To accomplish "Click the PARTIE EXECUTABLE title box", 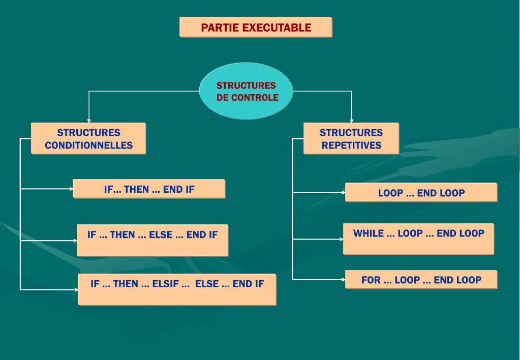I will pyautogui.click(x=256, y=27).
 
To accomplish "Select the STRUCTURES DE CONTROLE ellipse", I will pyautogui.click(x=247, y=92).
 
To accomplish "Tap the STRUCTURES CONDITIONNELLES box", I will pyautogui.click(x=88, y=138).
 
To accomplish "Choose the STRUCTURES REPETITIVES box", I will pyautogui.click(x=351, y=138).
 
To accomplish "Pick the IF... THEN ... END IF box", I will pyautogui.click(x=149, y=189).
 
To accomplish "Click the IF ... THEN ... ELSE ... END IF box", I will pyautogui.click(x=152, y=240).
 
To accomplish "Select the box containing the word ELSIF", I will pyautogui.click(x=177, y=289).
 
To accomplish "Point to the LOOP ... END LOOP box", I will pyautogui.click(x=421, y=193).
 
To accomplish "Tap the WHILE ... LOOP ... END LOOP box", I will pyautogui.click(x=418, y=238).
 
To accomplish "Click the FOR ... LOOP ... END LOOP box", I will pyautogui.click(x=421, y=280).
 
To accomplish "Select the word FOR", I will pyautogui.click(x=371, y=280).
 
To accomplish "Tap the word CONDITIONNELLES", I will pyautogui.click(x=88, y=145).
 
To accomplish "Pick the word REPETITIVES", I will pyautogui.click(x=351, y=145).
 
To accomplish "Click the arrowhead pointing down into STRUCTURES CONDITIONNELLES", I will pyautogui.click(x=89, y=120).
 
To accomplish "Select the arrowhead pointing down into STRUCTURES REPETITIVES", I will pyautogui.click(x=351, y=120).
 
